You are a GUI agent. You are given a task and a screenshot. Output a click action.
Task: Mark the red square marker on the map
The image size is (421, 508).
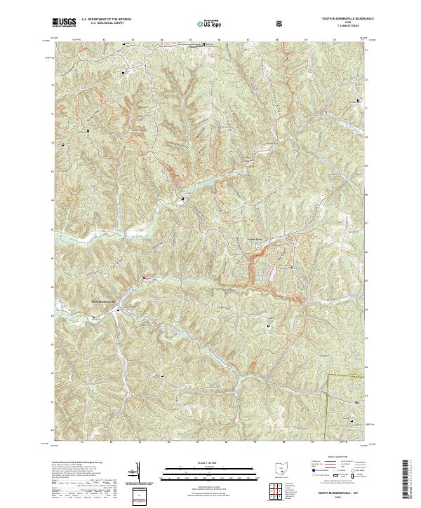point(144,277)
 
